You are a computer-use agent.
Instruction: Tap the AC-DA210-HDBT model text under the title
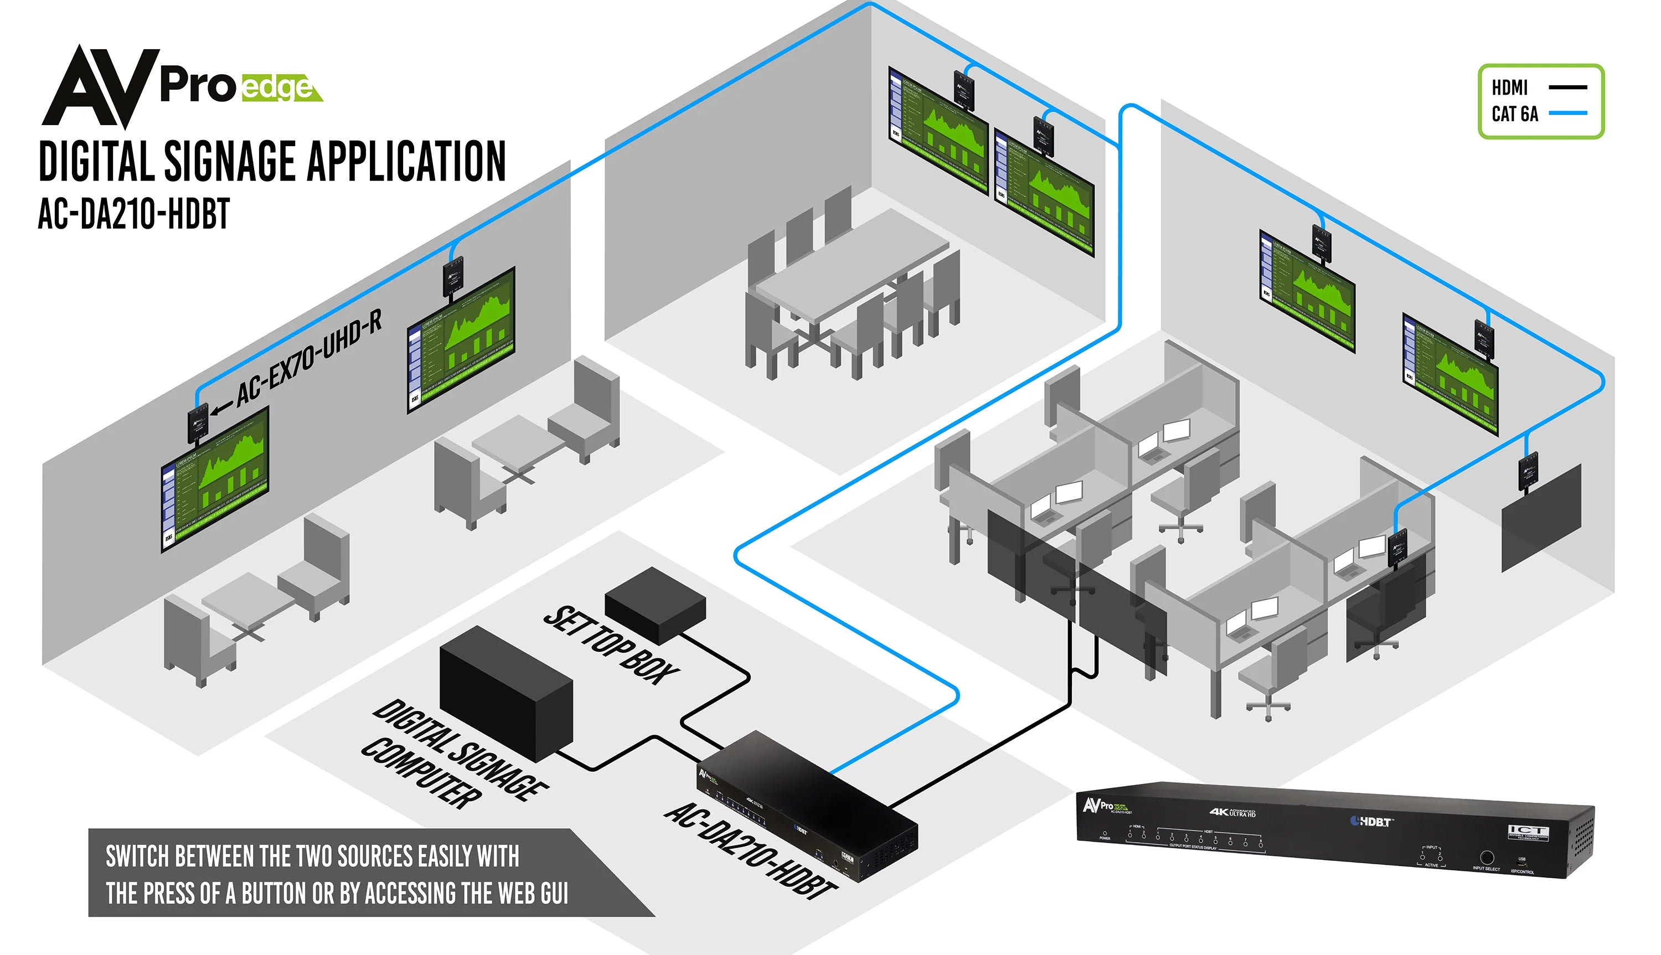pos(134,214)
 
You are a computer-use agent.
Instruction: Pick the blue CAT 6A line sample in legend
pos(1567,113)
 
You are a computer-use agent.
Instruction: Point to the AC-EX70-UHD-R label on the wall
pos(308,358)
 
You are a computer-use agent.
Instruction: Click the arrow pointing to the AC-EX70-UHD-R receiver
pos(221,408)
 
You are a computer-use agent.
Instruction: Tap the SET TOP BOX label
pos(610,646)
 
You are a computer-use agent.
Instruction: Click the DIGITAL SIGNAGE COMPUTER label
pos(452,754)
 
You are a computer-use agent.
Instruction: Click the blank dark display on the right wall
pos(1541,518)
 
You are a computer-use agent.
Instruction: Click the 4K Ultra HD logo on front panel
pos(1233,813)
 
